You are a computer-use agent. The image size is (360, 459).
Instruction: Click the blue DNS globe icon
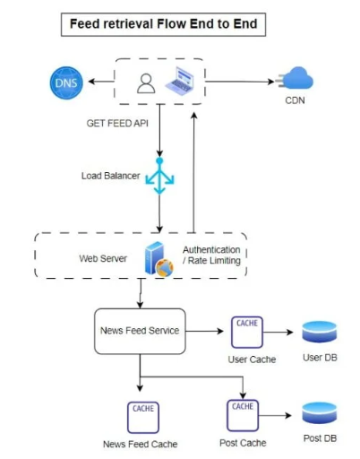66,82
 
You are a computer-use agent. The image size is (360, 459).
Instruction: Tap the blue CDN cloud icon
296,78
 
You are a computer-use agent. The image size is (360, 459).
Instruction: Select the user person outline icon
146,83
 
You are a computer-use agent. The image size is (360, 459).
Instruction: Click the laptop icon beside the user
180,81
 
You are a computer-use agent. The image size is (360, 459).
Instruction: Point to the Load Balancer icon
159,176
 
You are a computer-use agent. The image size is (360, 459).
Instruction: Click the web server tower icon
159,259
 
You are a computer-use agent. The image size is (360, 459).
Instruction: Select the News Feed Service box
140,331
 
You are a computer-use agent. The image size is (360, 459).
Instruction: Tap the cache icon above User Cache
247,333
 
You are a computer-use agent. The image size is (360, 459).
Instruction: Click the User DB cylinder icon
320,332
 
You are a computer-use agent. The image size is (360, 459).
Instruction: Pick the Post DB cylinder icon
320,413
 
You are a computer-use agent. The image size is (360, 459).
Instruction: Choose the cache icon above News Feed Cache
143,418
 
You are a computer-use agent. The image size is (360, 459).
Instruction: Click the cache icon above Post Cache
243,415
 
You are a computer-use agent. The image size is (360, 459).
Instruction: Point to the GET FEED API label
117,123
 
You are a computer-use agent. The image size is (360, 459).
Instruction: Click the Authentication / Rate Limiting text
211,255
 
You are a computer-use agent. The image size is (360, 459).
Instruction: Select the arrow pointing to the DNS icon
101,82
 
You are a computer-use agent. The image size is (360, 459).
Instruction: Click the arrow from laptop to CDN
240,82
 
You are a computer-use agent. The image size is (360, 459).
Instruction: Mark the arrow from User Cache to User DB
278,332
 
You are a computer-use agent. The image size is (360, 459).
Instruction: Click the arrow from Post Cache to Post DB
275,415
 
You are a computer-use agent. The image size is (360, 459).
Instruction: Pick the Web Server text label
103,258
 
